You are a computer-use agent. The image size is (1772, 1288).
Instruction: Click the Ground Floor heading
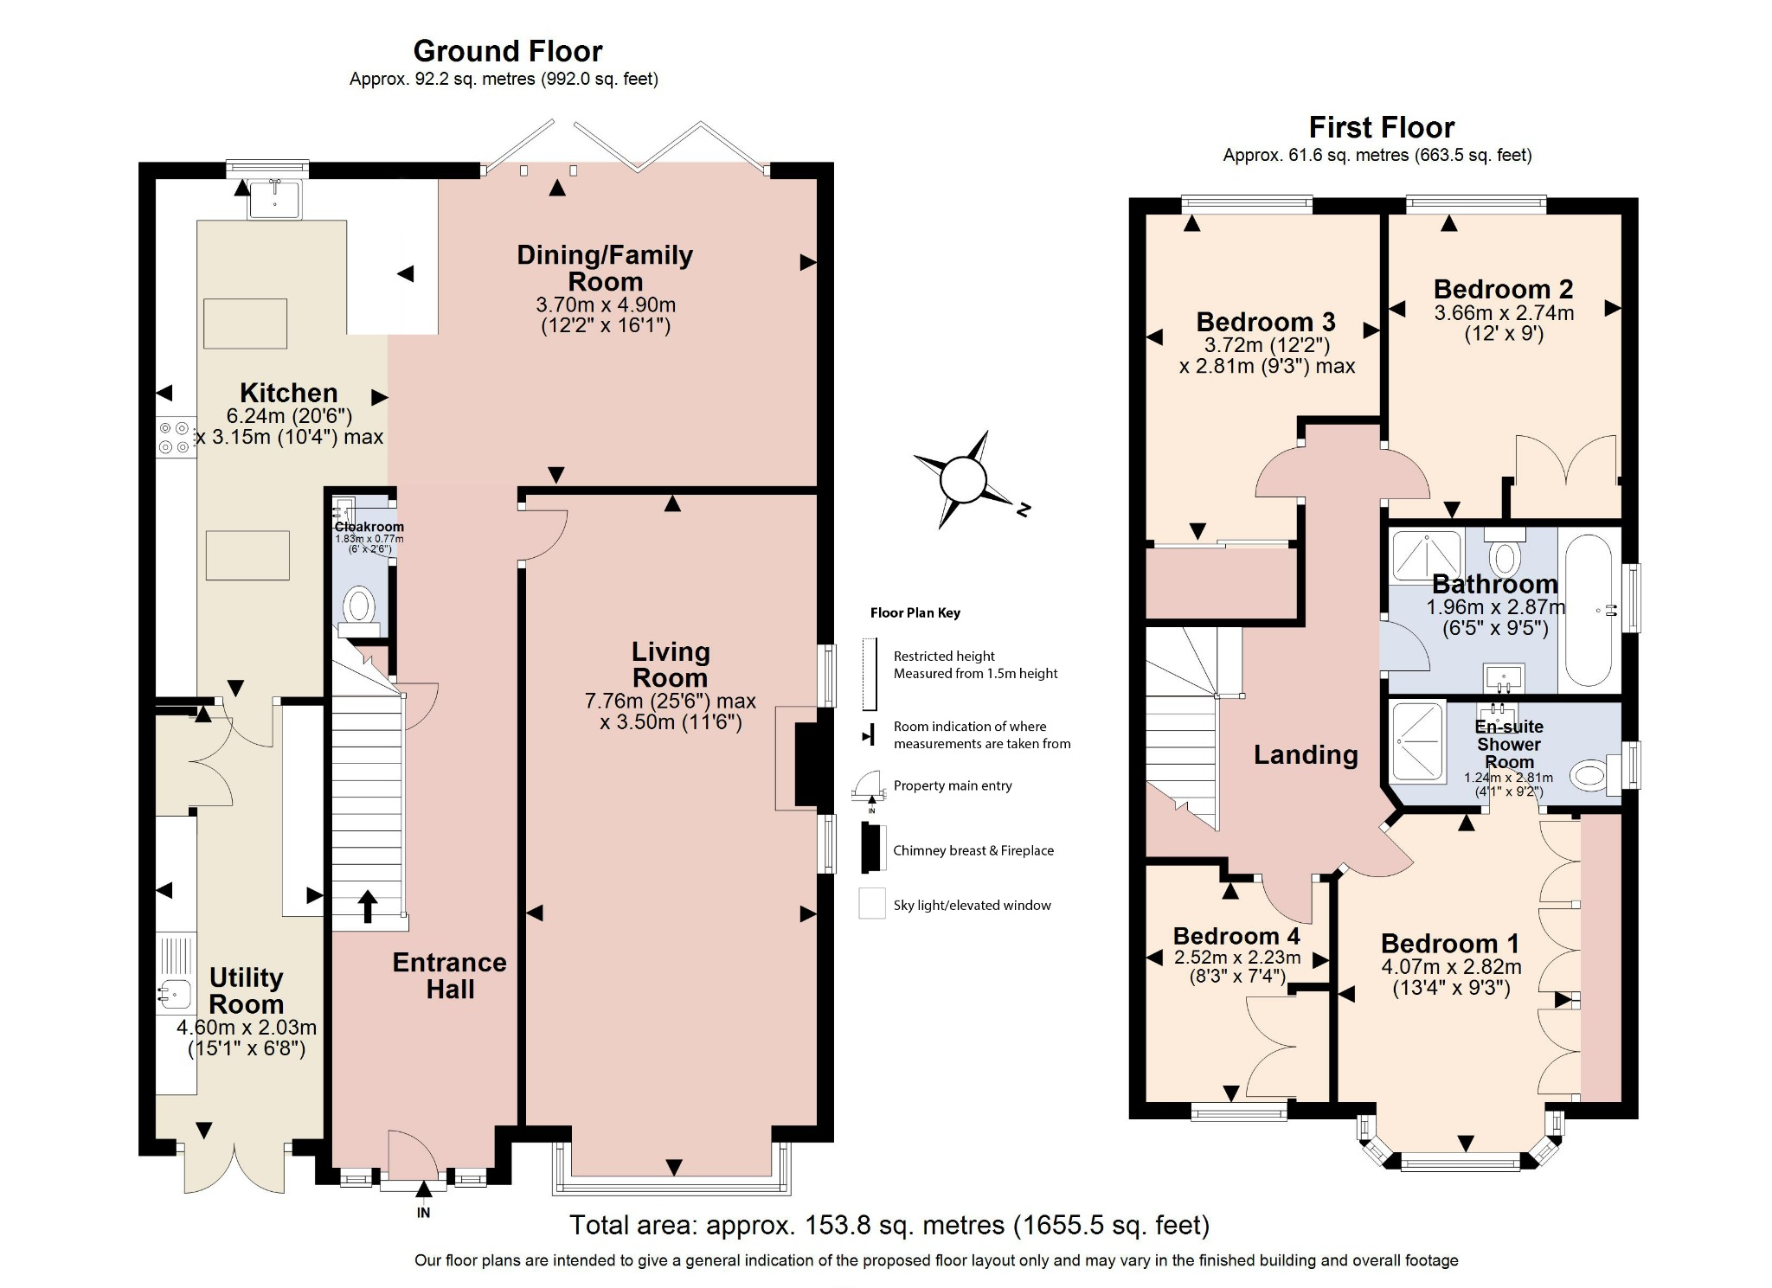pos(507,51)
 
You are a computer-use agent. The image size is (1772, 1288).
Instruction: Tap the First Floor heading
pos(1381,127)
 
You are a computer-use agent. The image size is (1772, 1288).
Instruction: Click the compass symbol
pos(963,478)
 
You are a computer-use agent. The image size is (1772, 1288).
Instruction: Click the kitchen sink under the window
pos(274,199)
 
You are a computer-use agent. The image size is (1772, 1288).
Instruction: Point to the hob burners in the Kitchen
pos(174,437)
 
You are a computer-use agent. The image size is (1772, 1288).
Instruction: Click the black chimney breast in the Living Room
pos(806,764)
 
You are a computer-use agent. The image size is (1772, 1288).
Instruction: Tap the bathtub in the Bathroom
pos(1589,610)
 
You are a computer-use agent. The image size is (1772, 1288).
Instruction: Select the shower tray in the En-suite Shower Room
pos(1417,741)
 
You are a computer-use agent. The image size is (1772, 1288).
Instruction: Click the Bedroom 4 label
pos(1236,936)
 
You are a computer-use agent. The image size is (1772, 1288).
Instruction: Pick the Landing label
pos(1306,754)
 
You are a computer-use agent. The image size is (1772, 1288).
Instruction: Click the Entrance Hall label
pos(449,975)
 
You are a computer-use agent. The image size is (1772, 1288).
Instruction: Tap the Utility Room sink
pos(176,995)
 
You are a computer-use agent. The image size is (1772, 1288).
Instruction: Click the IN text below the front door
pos(423,1213)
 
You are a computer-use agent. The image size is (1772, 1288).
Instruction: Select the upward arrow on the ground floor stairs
pos(368,906)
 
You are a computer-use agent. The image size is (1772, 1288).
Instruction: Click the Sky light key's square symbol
pos(871,903)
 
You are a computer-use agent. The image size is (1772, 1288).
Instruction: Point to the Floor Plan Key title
pos(915,612)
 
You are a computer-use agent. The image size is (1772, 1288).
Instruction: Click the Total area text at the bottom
pos(889,1225)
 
